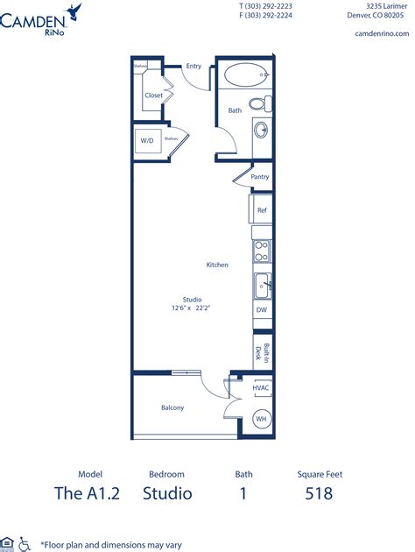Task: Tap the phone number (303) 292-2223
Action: pyautogui.click(x=267, y=5)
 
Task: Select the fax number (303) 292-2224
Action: pyautogui.click(x=267, y=15)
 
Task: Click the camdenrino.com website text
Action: pyautogui.click(x=383, y=34)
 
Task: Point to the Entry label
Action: pyautogui.click(x=193, y=66)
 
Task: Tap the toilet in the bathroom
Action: pyautogui.click(x=258, y=103)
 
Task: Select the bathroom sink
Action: pyautogui.click(x=261, y=131)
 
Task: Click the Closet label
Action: pyautogui.click(x=153, y=96)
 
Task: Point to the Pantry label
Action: pyautogui.click(x=259, y=176)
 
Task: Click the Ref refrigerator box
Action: pyautogui.click(x=261, y=209)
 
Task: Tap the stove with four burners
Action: pyautogui.click(x=261, y=252)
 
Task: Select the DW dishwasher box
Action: pyautogui.click(x=261, y=310)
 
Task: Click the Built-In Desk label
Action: pyautogui.click(x=259, y=352)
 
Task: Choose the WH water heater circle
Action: pyautogui.click(x=260, y=420)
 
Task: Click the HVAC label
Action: pyautogui.click(x=260, y=386)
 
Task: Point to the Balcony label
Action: pyautogui.click(x=172, y=407)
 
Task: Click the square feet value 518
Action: pyautogui.click(x=319, y=493)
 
